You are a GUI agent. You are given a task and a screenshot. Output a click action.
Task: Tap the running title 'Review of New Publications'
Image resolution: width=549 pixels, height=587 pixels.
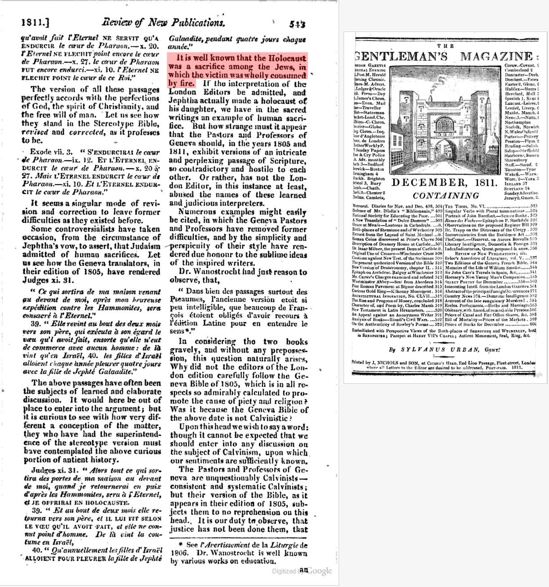[162, 22]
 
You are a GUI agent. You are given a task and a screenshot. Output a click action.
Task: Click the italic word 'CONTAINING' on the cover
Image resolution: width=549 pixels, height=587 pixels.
[446, 196]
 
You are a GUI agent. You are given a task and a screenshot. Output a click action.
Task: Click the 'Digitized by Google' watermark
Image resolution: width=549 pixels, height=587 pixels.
[302, 571]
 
